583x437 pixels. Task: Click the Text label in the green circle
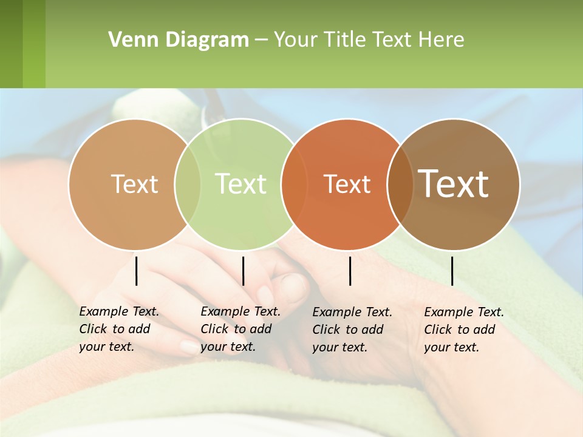(240, 184)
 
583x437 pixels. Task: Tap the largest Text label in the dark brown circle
(453, 184)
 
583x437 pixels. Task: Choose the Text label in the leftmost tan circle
(134, 184)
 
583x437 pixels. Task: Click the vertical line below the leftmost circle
(137, 271)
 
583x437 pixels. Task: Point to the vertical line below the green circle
(243, 271)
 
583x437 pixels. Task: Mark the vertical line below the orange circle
(350, 271)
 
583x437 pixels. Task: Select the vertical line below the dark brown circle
(452, 271)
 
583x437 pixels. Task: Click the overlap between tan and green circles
(188, 185)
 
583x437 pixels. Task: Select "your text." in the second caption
(228, 347)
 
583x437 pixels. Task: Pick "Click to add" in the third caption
(348, 329)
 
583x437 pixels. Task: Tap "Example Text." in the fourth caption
(464, 312)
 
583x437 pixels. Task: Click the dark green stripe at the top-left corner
(11, 44)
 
